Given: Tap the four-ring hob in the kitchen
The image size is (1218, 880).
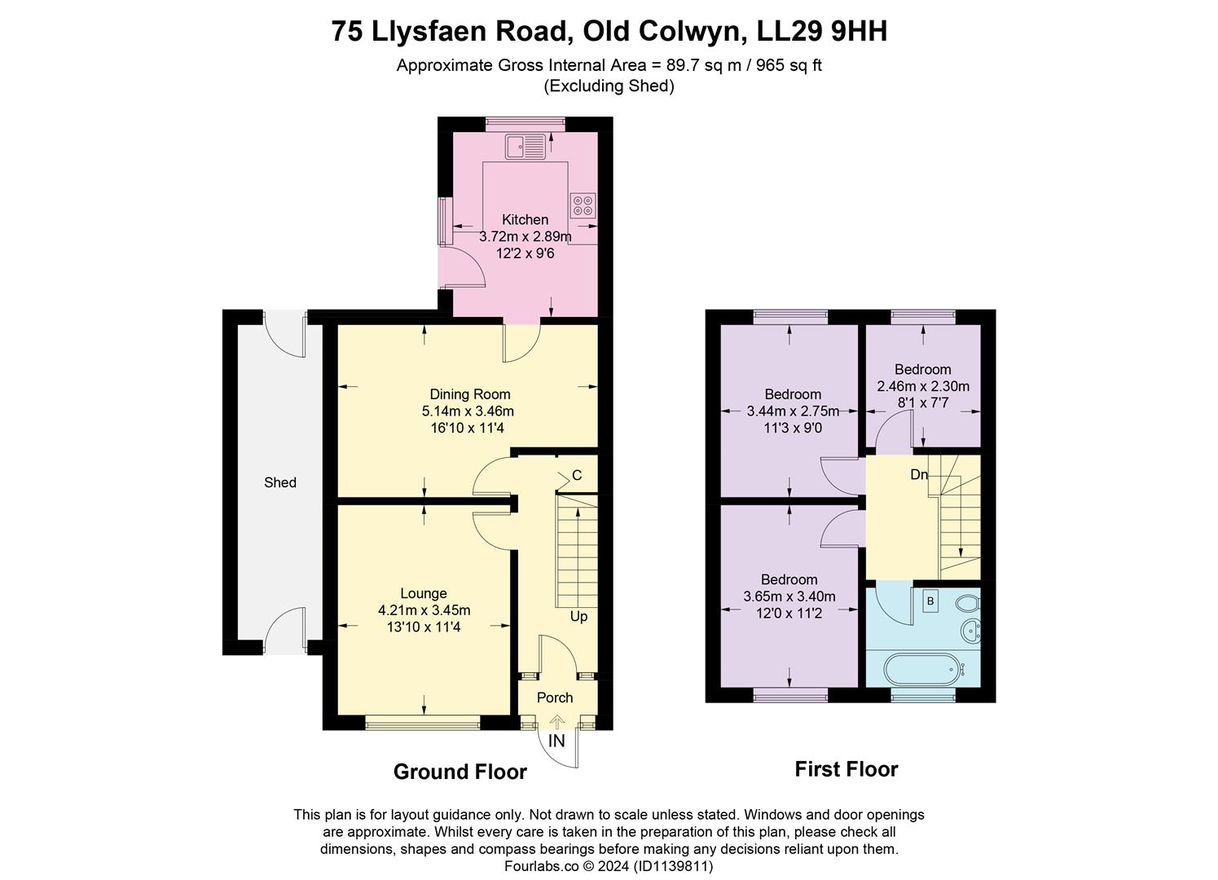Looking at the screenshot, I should (583, 205).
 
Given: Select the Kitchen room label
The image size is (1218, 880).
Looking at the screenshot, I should (525, 219).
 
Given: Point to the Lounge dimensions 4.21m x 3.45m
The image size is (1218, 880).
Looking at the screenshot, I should (424, 610).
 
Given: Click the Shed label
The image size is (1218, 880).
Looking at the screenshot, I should (279, 482).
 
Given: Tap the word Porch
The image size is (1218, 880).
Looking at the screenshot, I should (555, 697).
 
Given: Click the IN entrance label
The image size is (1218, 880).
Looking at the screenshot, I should (556, 741).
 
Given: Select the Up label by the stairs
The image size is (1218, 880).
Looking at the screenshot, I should (578, 616).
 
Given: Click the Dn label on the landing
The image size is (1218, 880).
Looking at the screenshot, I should (918, 474).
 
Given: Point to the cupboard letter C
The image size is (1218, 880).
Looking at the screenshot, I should (577, 475).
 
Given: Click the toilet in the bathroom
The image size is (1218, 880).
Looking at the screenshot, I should (966, 604).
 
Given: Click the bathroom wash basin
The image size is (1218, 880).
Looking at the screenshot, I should (970, 631).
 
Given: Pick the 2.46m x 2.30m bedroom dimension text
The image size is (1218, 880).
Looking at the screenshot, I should (922, 386).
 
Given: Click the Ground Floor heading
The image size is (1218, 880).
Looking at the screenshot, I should (459, 772).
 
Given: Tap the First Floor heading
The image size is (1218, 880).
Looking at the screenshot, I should (846, 769).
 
